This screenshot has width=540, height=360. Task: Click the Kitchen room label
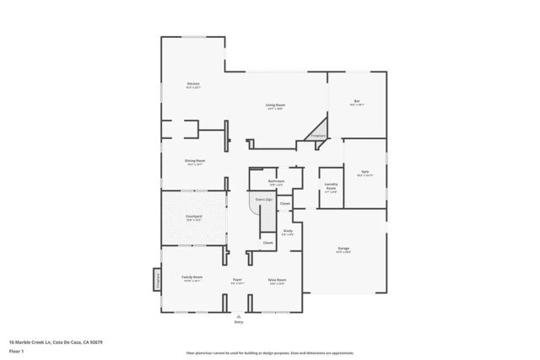point(193,84)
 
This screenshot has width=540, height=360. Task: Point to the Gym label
point(364,171)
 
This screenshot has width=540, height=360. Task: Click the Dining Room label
point(195,161)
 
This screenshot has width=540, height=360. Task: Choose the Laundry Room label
point(332,189)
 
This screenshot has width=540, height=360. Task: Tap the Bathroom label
point(276,181)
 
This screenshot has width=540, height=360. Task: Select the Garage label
point(343,249)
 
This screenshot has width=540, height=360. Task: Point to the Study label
point(288,231)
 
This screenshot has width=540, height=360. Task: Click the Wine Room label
point(276,279)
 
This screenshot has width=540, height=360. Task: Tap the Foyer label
point(238,279)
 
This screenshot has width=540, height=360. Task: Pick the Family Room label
point(192,277)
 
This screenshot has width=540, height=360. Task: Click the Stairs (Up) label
point(262,201)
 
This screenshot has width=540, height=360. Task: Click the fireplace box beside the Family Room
point(156,278)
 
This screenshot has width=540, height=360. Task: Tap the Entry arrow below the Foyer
point(238,315)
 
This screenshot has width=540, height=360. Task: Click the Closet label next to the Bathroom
point(285,203)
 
